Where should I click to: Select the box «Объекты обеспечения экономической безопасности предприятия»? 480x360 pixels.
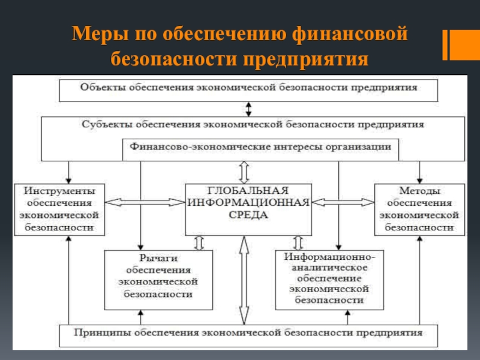[x=248, y=88]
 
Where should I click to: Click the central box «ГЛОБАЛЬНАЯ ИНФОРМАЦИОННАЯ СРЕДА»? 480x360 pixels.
[x=248, y=208]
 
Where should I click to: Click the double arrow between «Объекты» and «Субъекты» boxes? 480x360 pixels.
[x=248, y=109]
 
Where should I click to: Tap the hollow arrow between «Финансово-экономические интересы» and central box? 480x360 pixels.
[x=244, y=172]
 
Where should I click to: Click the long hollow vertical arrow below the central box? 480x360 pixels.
[x=244, y=280]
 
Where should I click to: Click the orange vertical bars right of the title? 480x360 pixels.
[x=454, y=44]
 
